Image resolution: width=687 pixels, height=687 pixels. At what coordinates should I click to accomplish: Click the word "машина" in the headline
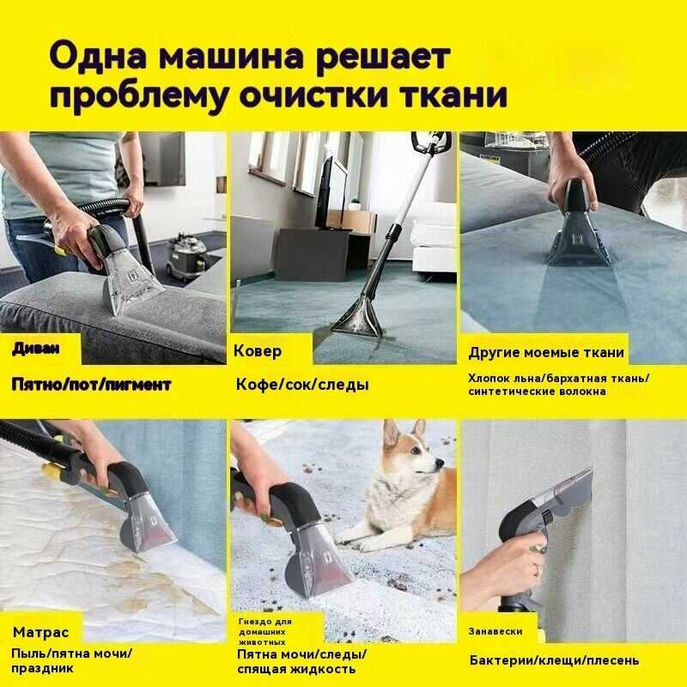pos(230,57)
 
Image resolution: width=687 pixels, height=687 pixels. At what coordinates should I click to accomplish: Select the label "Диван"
pos(36,349)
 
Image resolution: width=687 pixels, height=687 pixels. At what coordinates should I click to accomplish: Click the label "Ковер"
pos(258,350)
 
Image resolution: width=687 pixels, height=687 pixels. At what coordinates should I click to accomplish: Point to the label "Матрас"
pos(40,632)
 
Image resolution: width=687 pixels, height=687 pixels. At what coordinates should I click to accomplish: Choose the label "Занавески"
pos(495,631)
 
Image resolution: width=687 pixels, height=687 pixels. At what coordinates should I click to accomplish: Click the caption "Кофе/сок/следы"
pos(302,384)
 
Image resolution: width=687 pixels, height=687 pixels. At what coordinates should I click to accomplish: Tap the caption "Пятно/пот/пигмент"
pos(91,385)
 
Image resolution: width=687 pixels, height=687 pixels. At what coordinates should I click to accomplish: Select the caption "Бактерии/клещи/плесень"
pos(554,660)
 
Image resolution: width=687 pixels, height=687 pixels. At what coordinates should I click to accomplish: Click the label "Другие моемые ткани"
pos(546,353)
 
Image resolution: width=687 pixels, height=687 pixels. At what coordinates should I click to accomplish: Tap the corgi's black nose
pos(441,464)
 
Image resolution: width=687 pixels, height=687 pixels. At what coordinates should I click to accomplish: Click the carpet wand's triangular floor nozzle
pos(356,319)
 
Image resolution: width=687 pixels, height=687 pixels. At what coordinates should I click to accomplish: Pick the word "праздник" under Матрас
pos(42,669)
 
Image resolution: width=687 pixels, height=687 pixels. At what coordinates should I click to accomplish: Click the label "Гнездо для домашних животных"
pos(265,632)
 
